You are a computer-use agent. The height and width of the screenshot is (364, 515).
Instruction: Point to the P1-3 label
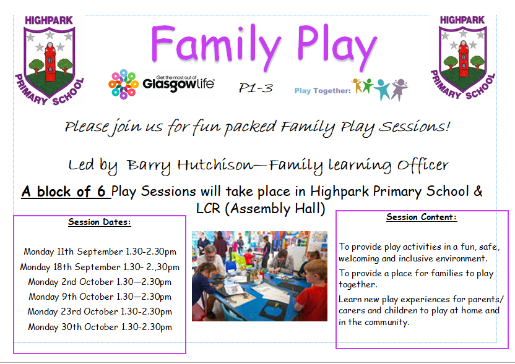pyautogui.click(x=256, y=88)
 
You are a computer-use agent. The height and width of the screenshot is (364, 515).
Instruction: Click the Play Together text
pyautogui.click(x=322, y=90)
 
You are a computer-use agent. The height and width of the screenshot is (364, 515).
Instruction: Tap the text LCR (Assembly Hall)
pyautogui.click(x=260, y=208)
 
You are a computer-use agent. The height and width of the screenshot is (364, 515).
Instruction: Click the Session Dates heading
pyautogui.click(x=100, y=222)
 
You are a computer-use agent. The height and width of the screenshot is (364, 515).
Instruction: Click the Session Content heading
pyautogui.click(x=422, y=217)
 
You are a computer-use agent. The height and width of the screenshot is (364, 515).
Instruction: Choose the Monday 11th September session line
pyautogui.click(x=100, y=252)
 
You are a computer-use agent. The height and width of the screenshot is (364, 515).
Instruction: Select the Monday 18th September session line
pyautogui.click(x=100, y=267)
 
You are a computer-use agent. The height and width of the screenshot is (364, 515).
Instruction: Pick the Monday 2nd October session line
pyautogui.click(x=100, y=282)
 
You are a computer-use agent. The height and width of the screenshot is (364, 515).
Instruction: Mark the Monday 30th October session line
pyautogui.click(x=100, y=327)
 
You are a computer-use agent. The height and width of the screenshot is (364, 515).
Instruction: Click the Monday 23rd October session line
pyautogui.click(x=100, y=311)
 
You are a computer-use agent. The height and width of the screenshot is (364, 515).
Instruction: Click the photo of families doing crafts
pyautogui.click(x=259, y=276)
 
